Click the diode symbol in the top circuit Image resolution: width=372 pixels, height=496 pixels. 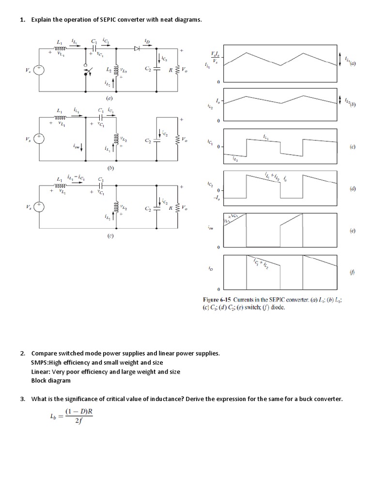point(137,48)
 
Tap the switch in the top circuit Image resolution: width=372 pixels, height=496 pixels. point(86,72)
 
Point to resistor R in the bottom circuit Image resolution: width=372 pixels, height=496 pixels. point(177,207)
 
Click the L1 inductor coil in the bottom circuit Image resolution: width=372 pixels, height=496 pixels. point(61,185)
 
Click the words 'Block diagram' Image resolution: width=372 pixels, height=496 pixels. point(51,380)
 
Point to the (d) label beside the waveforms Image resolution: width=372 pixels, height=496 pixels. point(352,189)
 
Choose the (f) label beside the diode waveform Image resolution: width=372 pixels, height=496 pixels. point(352,273)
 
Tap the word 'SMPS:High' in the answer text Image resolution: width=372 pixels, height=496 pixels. point(47,362)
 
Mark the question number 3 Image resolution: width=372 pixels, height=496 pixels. point(22,399)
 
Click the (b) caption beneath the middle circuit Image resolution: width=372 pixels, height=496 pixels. point(110,168)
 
